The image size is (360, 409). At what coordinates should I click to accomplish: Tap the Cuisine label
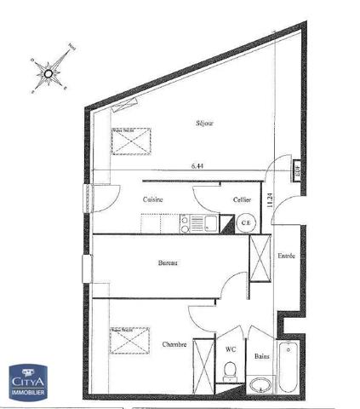point(152,199)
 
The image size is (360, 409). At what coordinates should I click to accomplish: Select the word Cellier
point(242,199)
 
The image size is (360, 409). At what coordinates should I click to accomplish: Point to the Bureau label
point(168,263)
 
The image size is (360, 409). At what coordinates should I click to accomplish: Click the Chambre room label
point(174,344)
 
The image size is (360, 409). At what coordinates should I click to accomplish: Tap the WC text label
point(230,349)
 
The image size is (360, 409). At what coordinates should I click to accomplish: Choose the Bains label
point(262,356)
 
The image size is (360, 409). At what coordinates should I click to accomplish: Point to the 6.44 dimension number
point(199,167)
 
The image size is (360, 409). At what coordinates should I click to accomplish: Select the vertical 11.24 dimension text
point(269,201)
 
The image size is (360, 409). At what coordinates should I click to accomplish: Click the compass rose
point(49,73)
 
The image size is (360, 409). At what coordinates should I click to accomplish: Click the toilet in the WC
point(228,372)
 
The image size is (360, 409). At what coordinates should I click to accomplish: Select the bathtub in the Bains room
point(289,367)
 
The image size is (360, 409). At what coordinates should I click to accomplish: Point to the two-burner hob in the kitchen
point(184,223)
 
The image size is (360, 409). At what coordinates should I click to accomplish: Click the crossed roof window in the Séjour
point(131,139)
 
